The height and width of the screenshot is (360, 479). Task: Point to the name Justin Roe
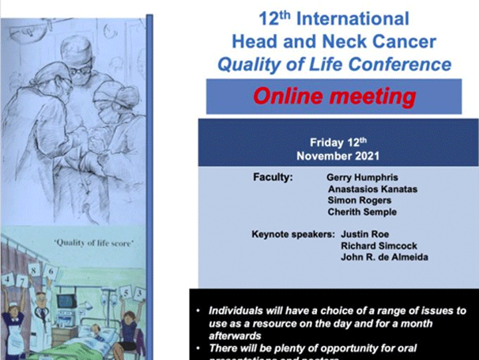366,235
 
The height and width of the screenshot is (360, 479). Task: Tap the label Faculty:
273,178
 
